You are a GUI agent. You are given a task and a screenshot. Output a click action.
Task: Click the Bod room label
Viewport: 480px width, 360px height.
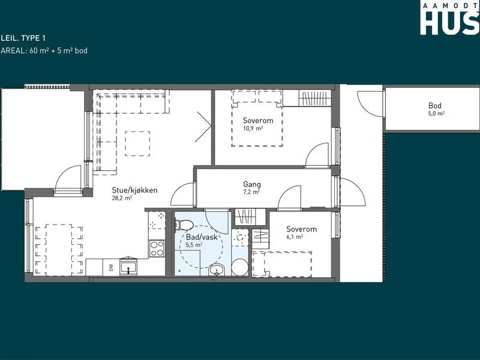click(434, 106)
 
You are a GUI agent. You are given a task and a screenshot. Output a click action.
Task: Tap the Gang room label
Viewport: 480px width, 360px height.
click(252, 184)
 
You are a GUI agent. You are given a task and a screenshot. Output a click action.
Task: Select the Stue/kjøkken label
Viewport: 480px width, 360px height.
click(134, 190)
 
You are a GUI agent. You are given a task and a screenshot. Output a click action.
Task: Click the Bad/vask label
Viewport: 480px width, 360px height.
click(202, 237)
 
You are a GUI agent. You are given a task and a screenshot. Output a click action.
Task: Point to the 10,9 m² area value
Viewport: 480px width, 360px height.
click(253, 128)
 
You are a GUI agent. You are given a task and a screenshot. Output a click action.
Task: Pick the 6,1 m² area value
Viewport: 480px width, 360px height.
click(295, 236)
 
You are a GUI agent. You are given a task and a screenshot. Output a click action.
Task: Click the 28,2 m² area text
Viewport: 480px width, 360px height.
click(122, 198)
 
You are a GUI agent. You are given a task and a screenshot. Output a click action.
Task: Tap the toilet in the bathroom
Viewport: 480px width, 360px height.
click(184, 226)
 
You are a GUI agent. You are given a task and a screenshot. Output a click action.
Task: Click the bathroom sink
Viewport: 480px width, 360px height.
click(217, 269)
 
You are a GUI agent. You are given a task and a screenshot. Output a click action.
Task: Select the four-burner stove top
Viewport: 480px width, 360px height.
click(157, 248)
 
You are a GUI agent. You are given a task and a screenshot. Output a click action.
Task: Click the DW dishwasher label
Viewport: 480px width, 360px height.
click(111, 268)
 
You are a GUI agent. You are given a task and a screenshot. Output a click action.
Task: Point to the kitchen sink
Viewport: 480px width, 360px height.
click(129, 267)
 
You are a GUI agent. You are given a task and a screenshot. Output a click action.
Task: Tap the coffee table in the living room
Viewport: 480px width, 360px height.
click(137, 143)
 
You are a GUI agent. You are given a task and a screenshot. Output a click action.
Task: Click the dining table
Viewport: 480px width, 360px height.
click(59, 250)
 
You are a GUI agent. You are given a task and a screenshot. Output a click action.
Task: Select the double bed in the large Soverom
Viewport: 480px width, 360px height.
click(257, 118)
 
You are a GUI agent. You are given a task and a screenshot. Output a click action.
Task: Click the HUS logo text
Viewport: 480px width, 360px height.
click(449, 23)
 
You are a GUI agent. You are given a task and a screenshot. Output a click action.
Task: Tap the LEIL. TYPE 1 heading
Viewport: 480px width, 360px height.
click(23, 38)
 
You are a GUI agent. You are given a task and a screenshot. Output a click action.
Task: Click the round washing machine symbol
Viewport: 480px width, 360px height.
click(239, 268)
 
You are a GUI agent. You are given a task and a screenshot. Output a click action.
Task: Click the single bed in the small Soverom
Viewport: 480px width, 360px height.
click(282, 264)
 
